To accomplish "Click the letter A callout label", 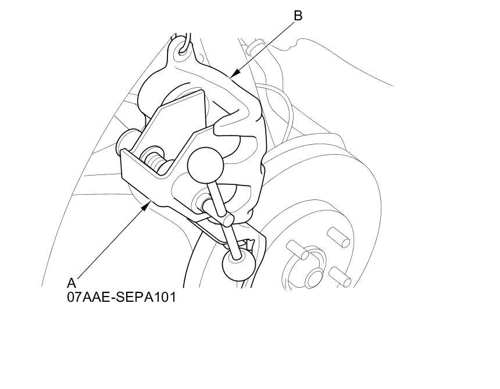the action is coord(72,283).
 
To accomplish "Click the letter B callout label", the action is coord(298,16).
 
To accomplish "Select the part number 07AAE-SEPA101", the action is coord(121,297).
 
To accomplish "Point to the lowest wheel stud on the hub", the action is coord(340,277).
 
